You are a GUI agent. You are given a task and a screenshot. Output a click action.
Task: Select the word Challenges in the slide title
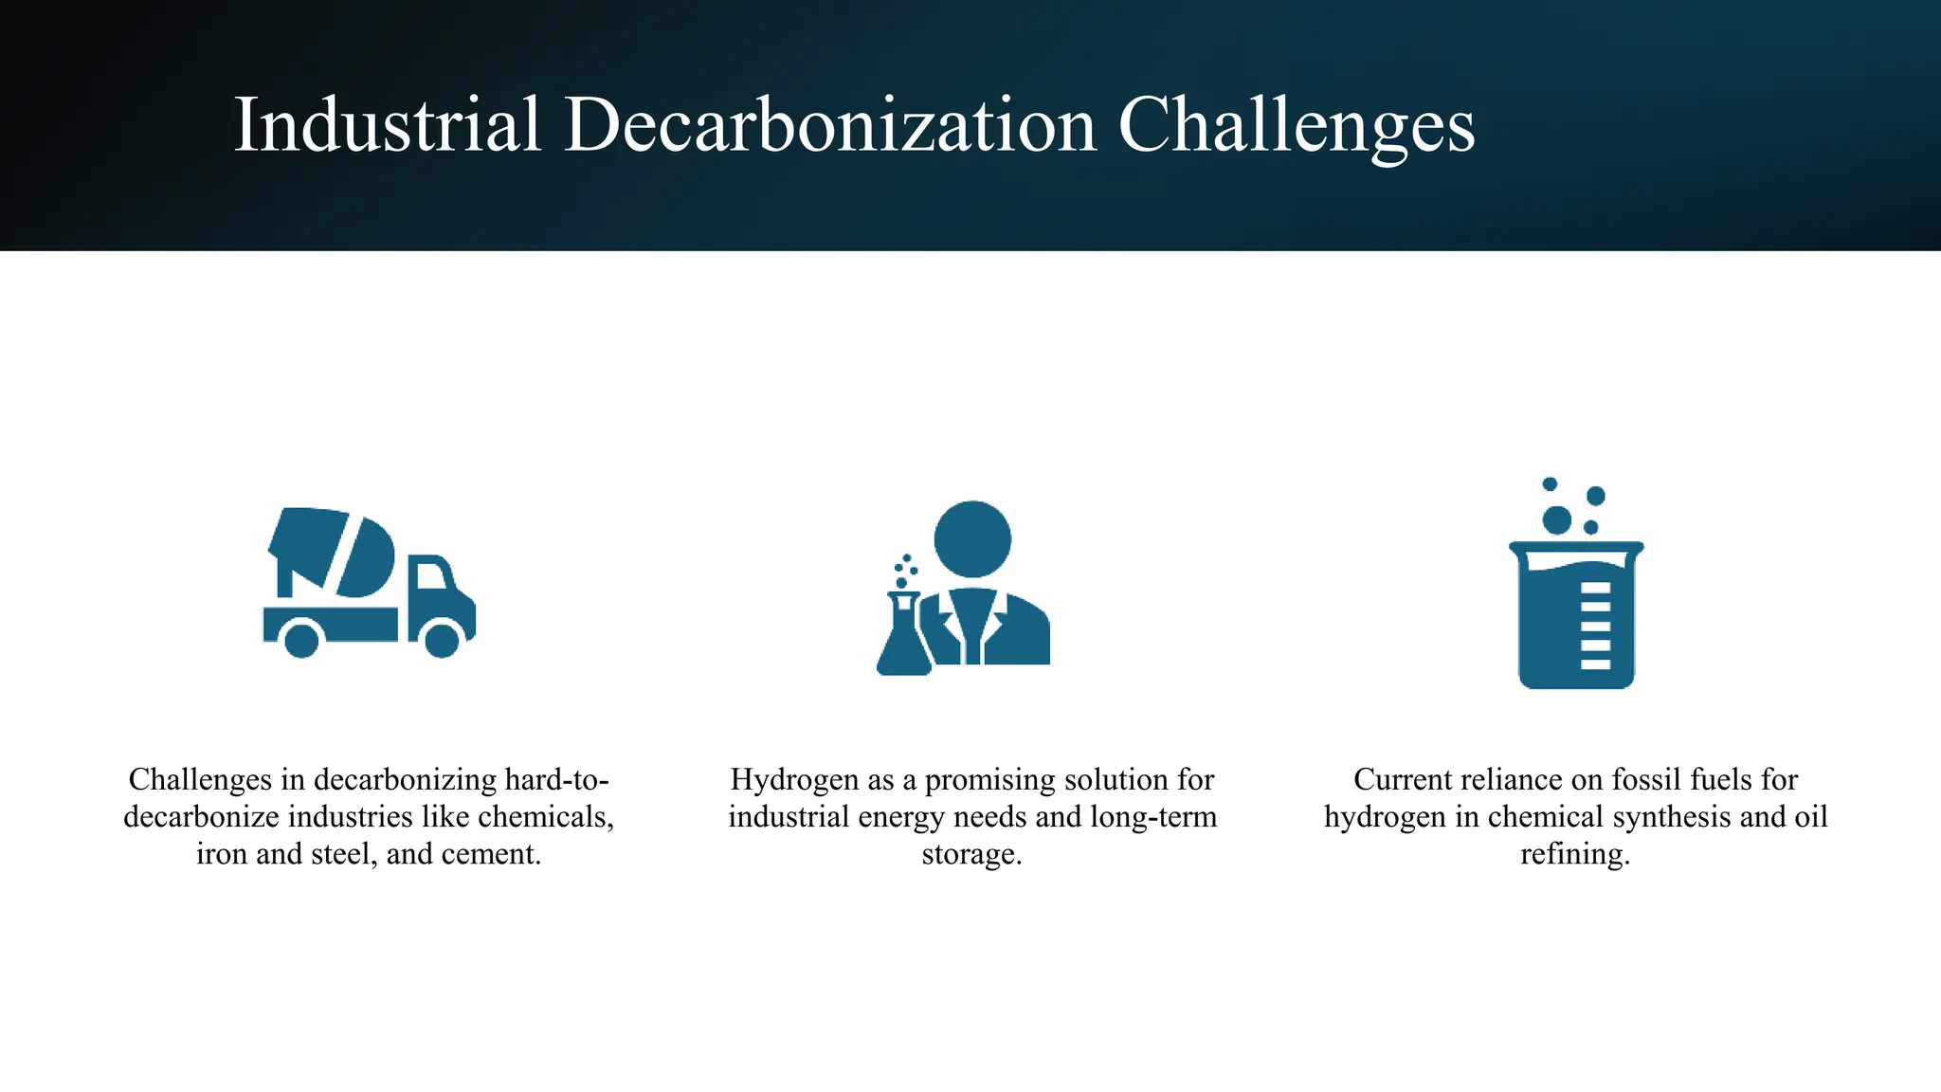[x=1296, y=126]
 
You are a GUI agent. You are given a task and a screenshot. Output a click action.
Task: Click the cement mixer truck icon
[x=369, y=582]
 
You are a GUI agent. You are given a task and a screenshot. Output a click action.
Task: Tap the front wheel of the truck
[x=442, y=640]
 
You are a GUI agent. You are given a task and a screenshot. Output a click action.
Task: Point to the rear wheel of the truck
[x=301, y=640]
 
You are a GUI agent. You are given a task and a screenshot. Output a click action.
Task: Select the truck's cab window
[x=431, y=575]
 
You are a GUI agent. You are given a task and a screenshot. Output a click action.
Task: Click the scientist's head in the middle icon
[x=972, y=538]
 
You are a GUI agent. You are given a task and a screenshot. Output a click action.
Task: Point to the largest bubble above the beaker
[x=1556, y=519]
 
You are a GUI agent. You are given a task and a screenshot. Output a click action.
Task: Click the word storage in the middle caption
[x=970, y=854]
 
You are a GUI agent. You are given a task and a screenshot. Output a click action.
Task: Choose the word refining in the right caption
[x=1574, y=854]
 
